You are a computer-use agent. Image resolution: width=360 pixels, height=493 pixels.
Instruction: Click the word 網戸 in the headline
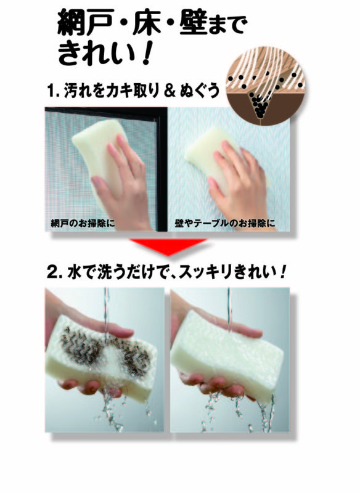pyautogui.click(x=86, y=22)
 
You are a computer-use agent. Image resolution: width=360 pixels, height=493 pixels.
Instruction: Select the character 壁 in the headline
pyautogui.click(x=194, y=22)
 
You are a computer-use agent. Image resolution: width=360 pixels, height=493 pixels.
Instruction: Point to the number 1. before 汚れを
pyautogui.click(x=54, y=91)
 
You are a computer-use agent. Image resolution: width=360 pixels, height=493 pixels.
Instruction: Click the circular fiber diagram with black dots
pyautogui.click(x=266, y=86)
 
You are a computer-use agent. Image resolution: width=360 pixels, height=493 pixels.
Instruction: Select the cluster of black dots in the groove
pyautogui.click(x=260, y=104)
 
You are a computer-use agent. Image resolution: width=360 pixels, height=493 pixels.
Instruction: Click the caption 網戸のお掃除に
pyautogui.click(x=83, y=224)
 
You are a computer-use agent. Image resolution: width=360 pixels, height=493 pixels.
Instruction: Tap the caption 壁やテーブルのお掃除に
pyautogui.click(x=225, y=224)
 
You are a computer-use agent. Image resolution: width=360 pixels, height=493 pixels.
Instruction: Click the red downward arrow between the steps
pyautogui.click(x=168, y=246)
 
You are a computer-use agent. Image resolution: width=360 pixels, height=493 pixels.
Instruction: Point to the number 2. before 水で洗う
pyautogui.click(x=54, y=272)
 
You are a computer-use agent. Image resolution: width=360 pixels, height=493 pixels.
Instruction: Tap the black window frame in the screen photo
pyautogui.click(x=162, y=170)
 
